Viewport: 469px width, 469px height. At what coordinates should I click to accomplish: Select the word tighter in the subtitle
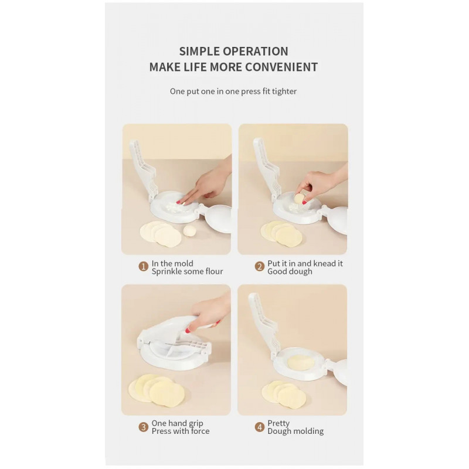(284, 91)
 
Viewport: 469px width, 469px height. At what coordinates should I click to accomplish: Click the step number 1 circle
(144, 266)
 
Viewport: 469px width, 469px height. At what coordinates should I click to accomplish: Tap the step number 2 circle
(260, 266)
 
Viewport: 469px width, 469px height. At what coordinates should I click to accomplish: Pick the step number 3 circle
(144, 427)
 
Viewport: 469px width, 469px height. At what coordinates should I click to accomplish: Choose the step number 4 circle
(260, 427)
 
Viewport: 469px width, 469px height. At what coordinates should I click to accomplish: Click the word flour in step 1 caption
(214, 271)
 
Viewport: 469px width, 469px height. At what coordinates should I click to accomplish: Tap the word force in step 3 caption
(200, 431)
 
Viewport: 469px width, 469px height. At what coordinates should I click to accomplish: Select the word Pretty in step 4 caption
(278, 423)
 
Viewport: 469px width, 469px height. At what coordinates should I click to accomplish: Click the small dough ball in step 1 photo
(189, 230)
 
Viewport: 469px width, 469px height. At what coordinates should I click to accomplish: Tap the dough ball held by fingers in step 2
(300, 198)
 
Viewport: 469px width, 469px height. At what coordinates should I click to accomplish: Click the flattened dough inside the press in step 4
(301, 362)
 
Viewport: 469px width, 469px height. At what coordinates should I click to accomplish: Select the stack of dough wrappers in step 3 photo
(157, 390)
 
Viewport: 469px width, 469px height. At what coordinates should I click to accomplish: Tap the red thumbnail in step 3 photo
(188, 330)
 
